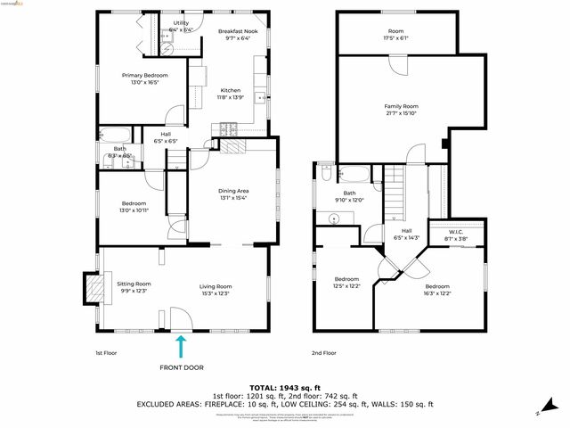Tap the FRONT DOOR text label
point(181,367)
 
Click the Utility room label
point(181,26)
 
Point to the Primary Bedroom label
point(144,78)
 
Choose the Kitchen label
point(231,94)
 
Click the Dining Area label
point(233,193)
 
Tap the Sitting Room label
point(134,287)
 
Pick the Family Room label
point(403,109)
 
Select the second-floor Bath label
point(349,196)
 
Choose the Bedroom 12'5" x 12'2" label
point(346,282)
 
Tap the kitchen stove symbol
point(230,128)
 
